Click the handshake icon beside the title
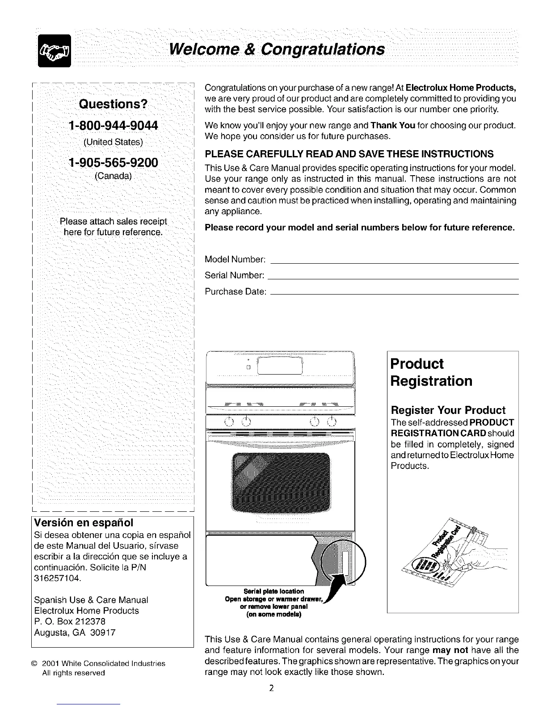55,51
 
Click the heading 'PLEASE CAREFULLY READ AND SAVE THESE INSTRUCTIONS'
349,154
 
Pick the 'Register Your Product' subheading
448,410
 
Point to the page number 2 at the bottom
271,688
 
